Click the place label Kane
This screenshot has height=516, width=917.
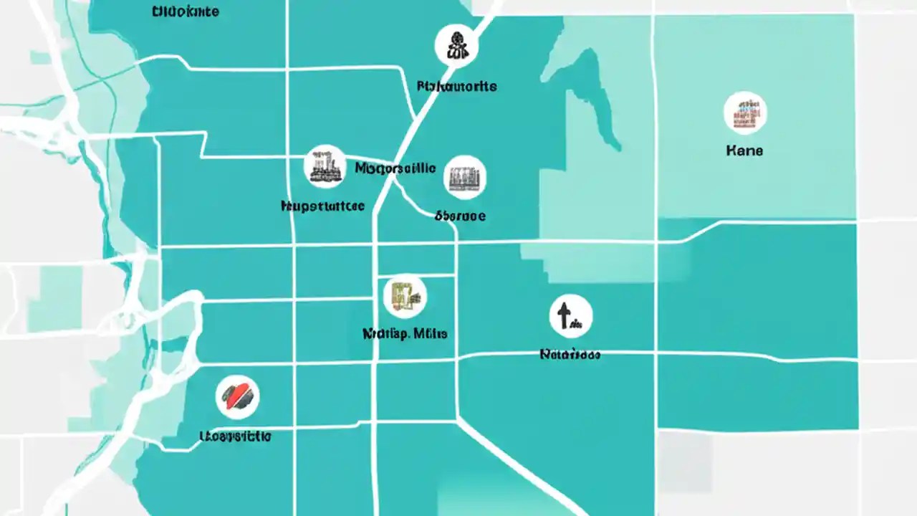(744, 150)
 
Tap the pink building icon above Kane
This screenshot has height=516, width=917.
(745, 113)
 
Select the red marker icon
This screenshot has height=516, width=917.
(237, 396)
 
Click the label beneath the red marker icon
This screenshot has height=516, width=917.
(235, 435)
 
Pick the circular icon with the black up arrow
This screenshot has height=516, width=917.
(571, 316)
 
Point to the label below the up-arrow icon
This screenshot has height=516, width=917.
(570, 354)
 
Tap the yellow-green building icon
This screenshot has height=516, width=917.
(405, 296)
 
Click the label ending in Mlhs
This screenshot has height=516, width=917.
(405, 333)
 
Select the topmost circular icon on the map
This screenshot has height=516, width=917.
(456, 45)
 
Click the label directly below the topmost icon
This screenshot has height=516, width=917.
(456, 86)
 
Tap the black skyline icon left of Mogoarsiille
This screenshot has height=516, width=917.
(325, 166)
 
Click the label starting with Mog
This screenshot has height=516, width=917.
(395, 168)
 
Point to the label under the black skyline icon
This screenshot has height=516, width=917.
(322, 206)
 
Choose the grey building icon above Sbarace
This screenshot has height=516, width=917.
(465, 177)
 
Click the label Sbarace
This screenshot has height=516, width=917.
(460, 215)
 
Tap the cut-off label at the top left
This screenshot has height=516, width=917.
(186, 11)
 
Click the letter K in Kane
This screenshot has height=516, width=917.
(731, 150)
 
